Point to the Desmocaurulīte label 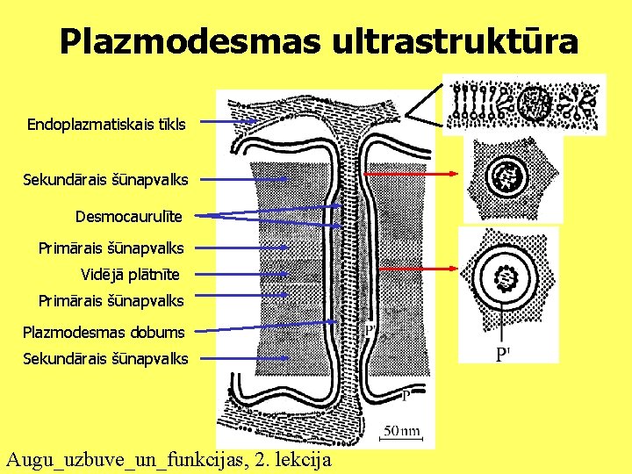129,215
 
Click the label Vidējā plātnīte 130,275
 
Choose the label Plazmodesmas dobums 104,332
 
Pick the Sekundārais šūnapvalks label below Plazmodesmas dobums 105,358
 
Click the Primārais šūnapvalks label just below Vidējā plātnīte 111,301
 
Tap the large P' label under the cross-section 503,354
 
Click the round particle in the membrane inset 533,104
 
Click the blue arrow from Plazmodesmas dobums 263,327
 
